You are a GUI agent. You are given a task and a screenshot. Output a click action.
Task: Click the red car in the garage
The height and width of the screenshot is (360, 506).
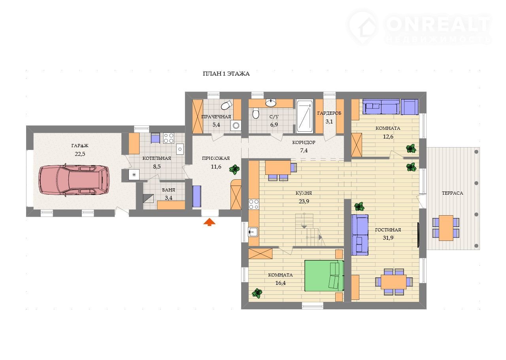pos(74,180)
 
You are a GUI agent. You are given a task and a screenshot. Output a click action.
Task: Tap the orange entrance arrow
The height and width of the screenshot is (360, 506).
pos(210,222)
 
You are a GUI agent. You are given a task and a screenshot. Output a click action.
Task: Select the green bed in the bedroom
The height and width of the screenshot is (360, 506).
pos(324,276)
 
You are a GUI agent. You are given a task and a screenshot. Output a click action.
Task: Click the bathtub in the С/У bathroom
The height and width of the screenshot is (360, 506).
pos(304,116)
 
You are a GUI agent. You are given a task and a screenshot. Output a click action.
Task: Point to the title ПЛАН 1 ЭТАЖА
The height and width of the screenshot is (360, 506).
pos(226,74)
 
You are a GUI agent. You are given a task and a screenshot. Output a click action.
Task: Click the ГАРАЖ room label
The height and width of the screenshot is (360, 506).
pos(80,146)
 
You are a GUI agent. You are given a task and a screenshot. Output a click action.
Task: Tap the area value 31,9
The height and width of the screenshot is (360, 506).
pos(388,238)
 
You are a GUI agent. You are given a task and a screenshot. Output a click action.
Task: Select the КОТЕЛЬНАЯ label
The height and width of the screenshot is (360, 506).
pos(157,158)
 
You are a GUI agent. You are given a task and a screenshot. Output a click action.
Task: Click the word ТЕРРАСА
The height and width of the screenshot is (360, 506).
pos(452,193)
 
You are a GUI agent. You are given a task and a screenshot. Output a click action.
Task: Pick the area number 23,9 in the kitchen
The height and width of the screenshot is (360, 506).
pos(304,201)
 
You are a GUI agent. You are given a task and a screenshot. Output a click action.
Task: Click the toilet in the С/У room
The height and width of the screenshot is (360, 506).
pos(256,113)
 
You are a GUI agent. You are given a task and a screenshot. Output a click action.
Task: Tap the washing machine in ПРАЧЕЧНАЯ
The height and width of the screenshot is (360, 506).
pos(236,125)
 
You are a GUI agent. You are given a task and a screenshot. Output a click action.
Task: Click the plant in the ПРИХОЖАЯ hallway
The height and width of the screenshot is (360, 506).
pos(234,169)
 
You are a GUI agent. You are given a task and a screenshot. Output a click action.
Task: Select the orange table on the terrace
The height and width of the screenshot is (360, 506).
pos(446,228)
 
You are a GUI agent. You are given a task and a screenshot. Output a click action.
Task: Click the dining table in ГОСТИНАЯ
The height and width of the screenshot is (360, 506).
pos(394,282)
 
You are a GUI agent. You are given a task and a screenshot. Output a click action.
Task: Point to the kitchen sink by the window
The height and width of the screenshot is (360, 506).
pos(253,232)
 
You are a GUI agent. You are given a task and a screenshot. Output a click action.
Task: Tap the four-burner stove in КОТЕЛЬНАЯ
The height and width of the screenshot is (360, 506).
pos(168,138)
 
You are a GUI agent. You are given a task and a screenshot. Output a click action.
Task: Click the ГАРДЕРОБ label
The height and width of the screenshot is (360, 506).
pos(329,113)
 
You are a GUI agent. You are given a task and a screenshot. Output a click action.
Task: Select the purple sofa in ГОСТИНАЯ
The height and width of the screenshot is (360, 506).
pos(360,235)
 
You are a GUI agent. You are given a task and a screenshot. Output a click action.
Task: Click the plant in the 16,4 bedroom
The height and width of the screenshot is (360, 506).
pos(257,293)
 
